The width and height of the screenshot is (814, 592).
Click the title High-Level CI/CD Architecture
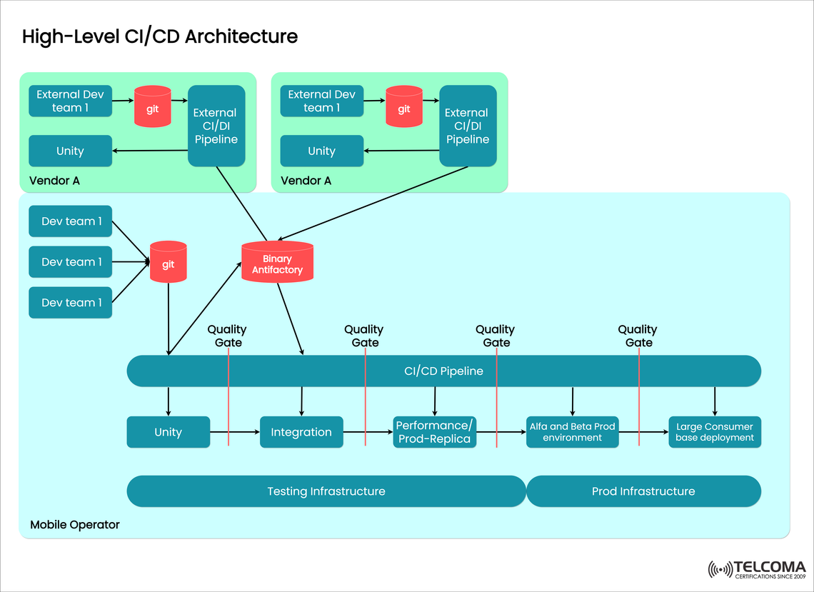pos(159,36)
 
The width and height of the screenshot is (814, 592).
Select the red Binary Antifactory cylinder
pos(277,262)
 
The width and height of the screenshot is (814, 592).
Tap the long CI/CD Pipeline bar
pos(443,371)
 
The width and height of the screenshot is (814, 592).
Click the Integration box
pos(301,432)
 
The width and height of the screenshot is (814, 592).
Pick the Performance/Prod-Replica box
pos(434,432)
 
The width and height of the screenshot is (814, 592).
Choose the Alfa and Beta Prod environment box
pos(572,432)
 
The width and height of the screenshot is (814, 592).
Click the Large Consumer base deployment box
pos(714,432)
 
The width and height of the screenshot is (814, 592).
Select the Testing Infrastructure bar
pos(326,491)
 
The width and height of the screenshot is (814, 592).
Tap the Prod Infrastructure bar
pos(643,491)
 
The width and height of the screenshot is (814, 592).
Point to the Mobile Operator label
pos(75,525)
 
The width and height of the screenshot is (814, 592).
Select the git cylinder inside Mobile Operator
pos(168,263)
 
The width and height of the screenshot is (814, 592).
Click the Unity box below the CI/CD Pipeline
pos(168,432)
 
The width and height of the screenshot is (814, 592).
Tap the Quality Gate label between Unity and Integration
pos(227,336)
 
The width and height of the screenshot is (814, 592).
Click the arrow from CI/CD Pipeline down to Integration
pos(301,401)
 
